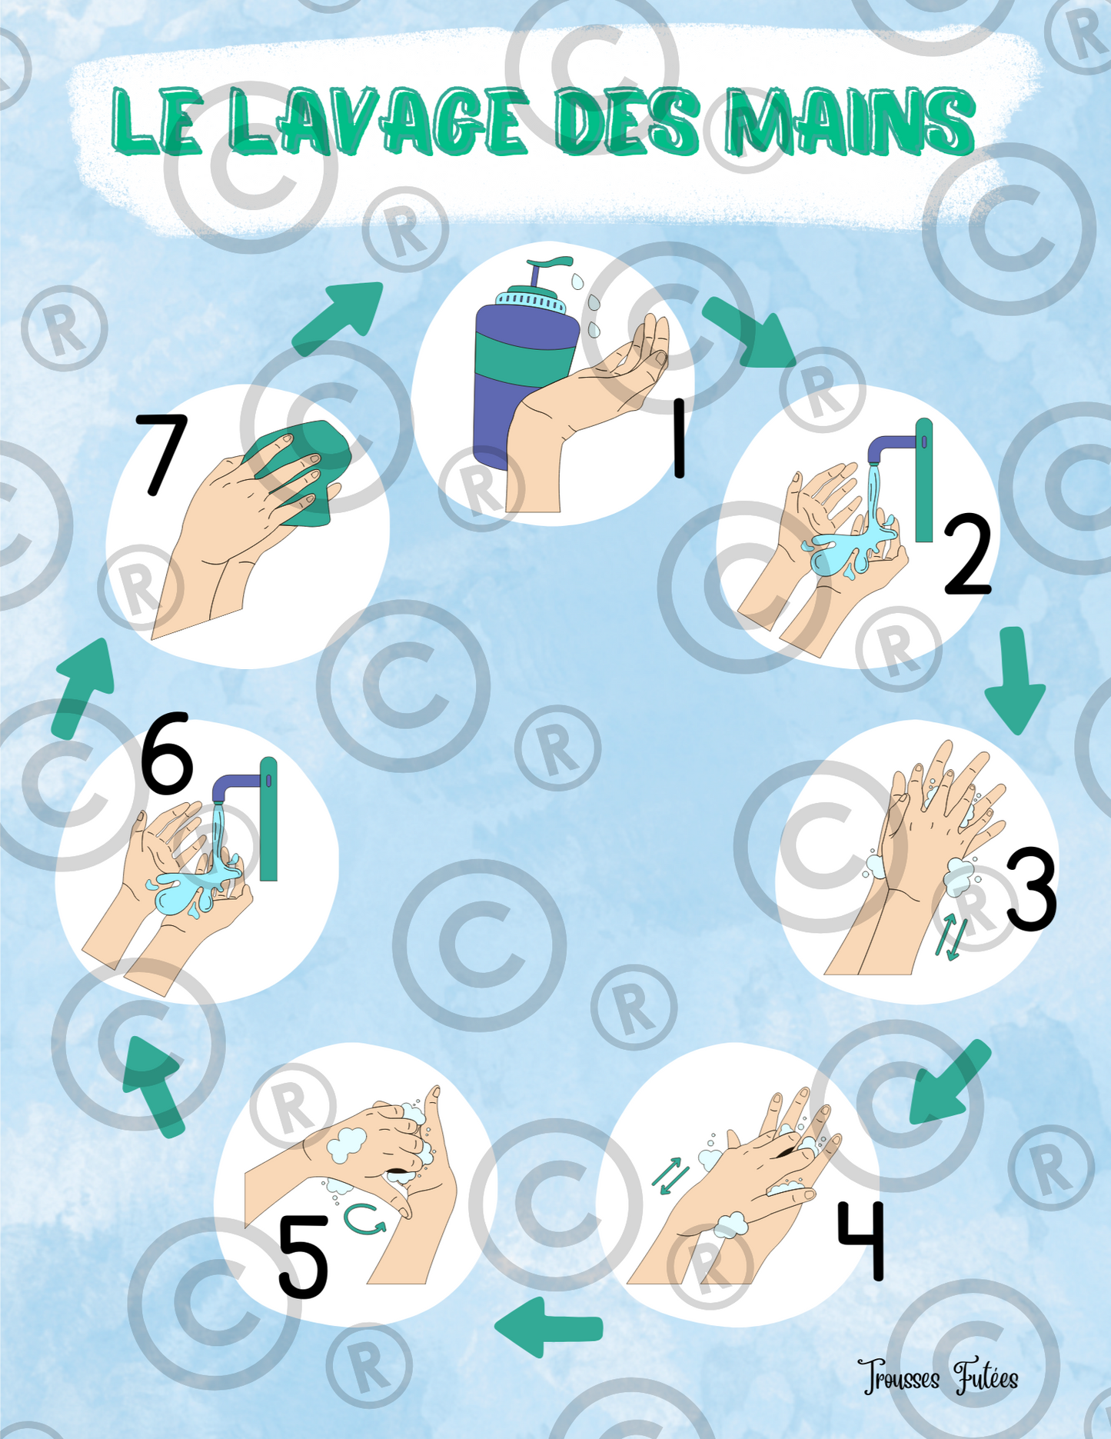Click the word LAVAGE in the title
tap(378, 122)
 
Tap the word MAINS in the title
tap(850, 122)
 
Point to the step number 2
tap(967, 555)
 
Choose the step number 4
tap(862, 1240)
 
